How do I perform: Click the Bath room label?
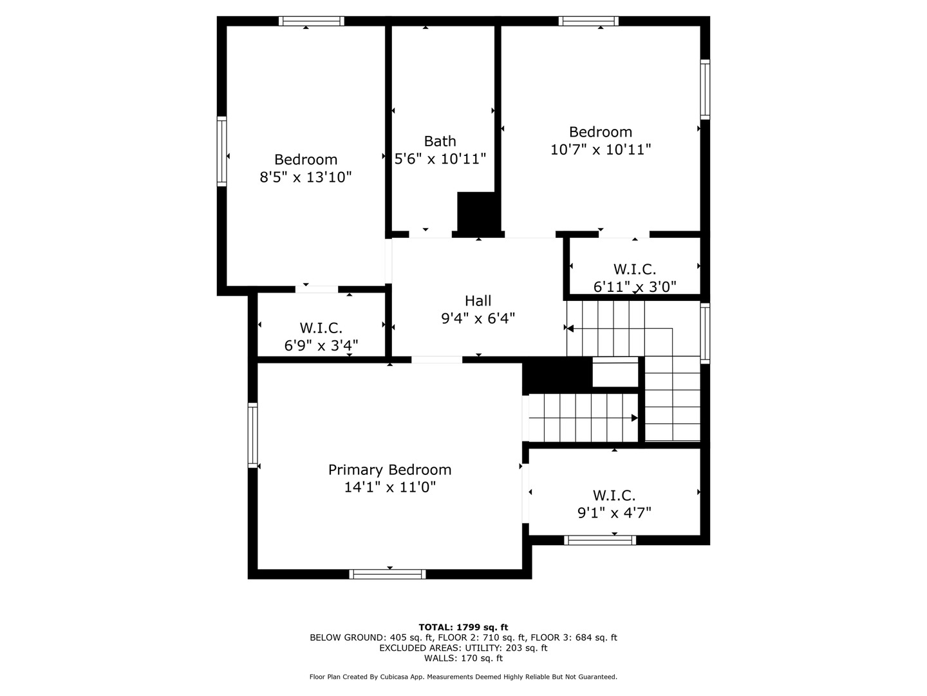click(x=440, y=140)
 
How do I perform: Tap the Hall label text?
click(x=478, y=300)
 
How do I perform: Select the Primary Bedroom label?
click(x=389, y=470)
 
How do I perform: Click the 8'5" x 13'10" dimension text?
click(x=305, y=177)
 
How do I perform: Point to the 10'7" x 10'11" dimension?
click(x=600, y=149)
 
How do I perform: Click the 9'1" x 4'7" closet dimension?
click(x=614, y=512)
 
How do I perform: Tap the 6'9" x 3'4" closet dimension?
click(x=321, y=345)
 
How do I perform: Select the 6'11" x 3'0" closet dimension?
click(x=634, y=287)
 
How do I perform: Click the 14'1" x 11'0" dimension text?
click(x=389, y=487)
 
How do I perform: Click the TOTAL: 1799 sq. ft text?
click(x=464, y=627)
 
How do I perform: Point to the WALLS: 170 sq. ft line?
click(x=464, y=658)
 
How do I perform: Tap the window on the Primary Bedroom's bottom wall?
click(x=388, y=574)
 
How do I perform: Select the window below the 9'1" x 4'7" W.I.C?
click(x=600, y=540)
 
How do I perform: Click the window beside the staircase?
click(x=705, y=333)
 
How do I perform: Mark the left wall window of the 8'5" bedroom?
click(x=221, y=151)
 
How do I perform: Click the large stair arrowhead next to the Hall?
click(x=570, y=329)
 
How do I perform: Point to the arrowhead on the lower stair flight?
click(x=634, y=418)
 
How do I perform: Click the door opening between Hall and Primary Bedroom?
click(x=436, y=360)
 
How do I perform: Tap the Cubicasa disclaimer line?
click(x=464, y=677)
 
